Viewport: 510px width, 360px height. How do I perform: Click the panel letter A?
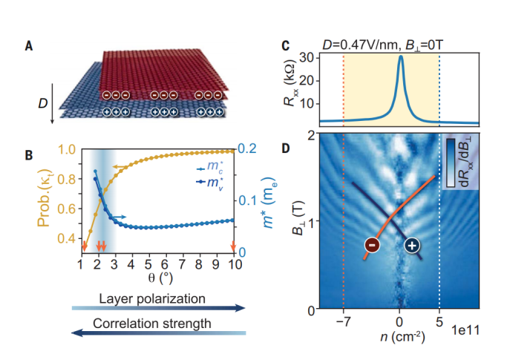click(x=28, y=45)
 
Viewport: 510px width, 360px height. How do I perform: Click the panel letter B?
click(x=28, y=155)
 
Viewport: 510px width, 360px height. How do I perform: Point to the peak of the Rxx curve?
click(x=401, y=56)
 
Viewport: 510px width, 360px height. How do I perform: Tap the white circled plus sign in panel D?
click(x=413, y=246)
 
